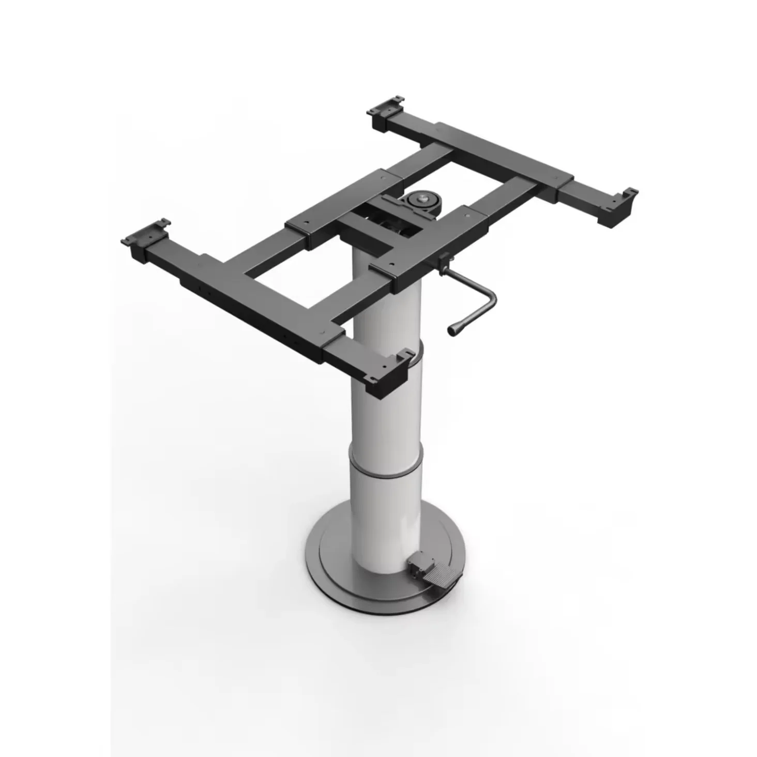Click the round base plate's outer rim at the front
pyautogui.click(x=372, y=615)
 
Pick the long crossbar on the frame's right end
pyautogui.click(x=496, y=155)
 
